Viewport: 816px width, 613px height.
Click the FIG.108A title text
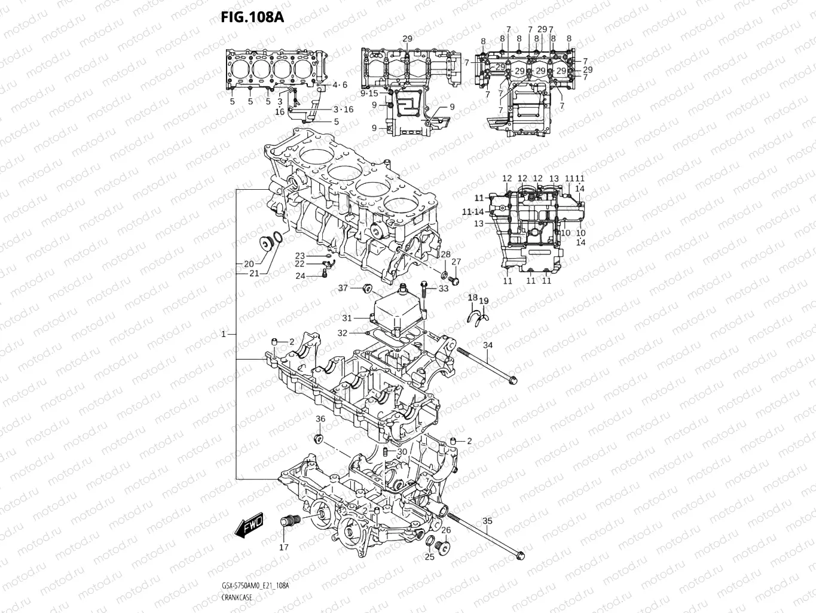(x=252, y=16)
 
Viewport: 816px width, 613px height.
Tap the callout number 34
(x=488, y=345)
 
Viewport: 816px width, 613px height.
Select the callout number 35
(x=487, y=521)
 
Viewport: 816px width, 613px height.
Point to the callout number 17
(x=284, y=547)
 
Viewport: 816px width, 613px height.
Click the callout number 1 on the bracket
(x=224, y=334)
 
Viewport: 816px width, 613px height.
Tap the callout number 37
(x=343, y=288)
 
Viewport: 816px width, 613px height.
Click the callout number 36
(x=320, y=419)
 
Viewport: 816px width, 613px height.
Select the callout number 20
(x=248, y=263)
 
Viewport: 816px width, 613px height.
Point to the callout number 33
(x=443, y=289)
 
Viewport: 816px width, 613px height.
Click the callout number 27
(x=456, y=262)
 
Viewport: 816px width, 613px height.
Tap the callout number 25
(x=429, y=557)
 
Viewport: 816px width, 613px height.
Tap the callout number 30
(x=402, y=452)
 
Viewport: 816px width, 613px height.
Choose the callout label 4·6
(x=340, y=85)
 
